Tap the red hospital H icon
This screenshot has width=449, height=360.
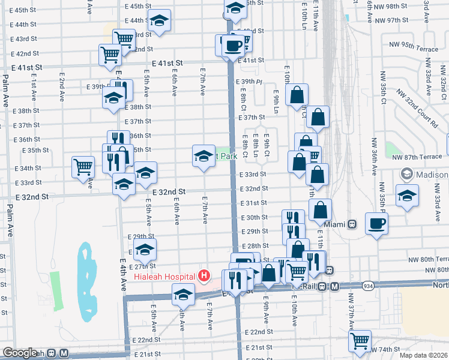click(x=204, y=276)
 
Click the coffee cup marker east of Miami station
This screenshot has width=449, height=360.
click(x=376, y=224)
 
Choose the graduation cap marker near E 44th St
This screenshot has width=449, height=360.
click(x=159, y=21)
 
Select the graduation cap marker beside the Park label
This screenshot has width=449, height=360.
click(x=203, y=156)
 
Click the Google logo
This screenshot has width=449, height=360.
click(x=20, y=353)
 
